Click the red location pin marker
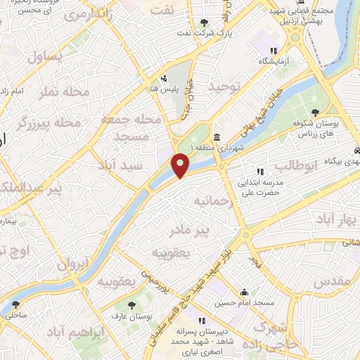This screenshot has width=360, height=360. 181,165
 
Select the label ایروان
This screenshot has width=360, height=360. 72,264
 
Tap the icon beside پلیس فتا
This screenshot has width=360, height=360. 164,78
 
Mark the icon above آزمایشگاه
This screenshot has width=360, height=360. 274,51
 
